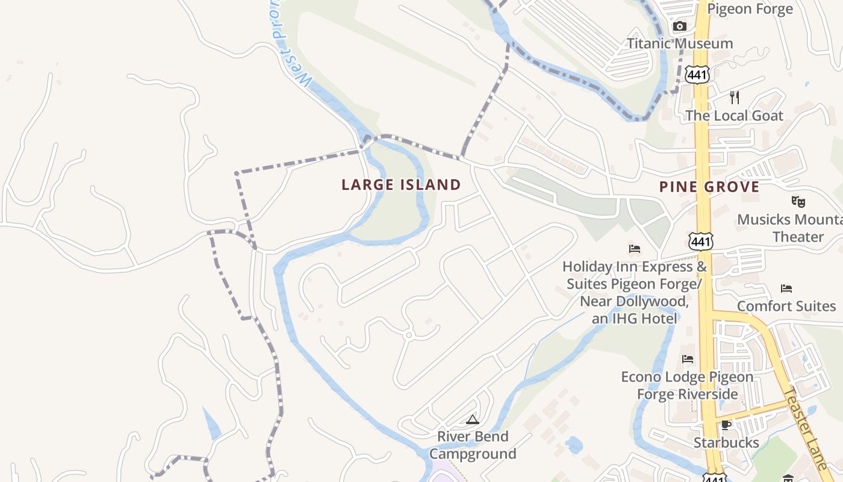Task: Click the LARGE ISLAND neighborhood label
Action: [x=401, y=185]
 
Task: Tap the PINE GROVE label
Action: [x=709, y=187]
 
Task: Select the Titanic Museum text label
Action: [x=680, y=43]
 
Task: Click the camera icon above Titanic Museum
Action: [x=680, y=26]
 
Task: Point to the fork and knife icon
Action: [x=734, y=97]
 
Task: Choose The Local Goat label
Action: [x=734, y=116]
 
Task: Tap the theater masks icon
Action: [x=798, y=202]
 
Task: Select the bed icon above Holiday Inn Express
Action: [x=635, y=248]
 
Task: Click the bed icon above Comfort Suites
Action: [x=786, y=288]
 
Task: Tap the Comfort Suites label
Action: [x=786, y=306]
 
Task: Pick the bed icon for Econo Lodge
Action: [x=688, y=359]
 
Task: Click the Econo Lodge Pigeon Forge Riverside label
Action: [x=687, y=386]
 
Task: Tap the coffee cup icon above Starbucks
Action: [x=726, y=425]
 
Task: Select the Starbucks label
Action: [x=726, y=443]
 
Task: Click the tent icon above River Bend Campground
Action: [x=473, y=419]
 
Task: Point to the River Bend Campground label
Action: [x=473, y=445]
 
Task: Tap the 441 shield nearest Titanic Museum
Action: [x=697, y=74]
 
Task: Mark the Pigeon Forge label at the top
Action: [x=750, y=9]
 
